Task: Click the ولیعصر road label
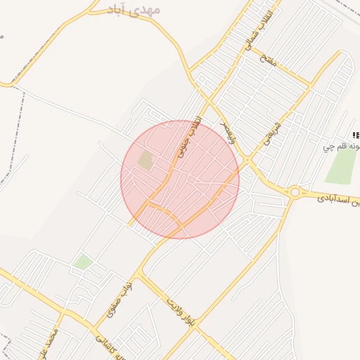coord(229,131)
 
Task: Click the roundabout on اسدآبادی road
coord(295,191)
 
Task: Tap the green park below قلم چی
coord(341,167)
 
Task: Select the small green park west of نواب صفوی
coord(83,262)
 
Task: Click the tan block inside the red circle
coord(146,160)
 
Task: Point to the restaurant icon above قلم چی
coord(356,134)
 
